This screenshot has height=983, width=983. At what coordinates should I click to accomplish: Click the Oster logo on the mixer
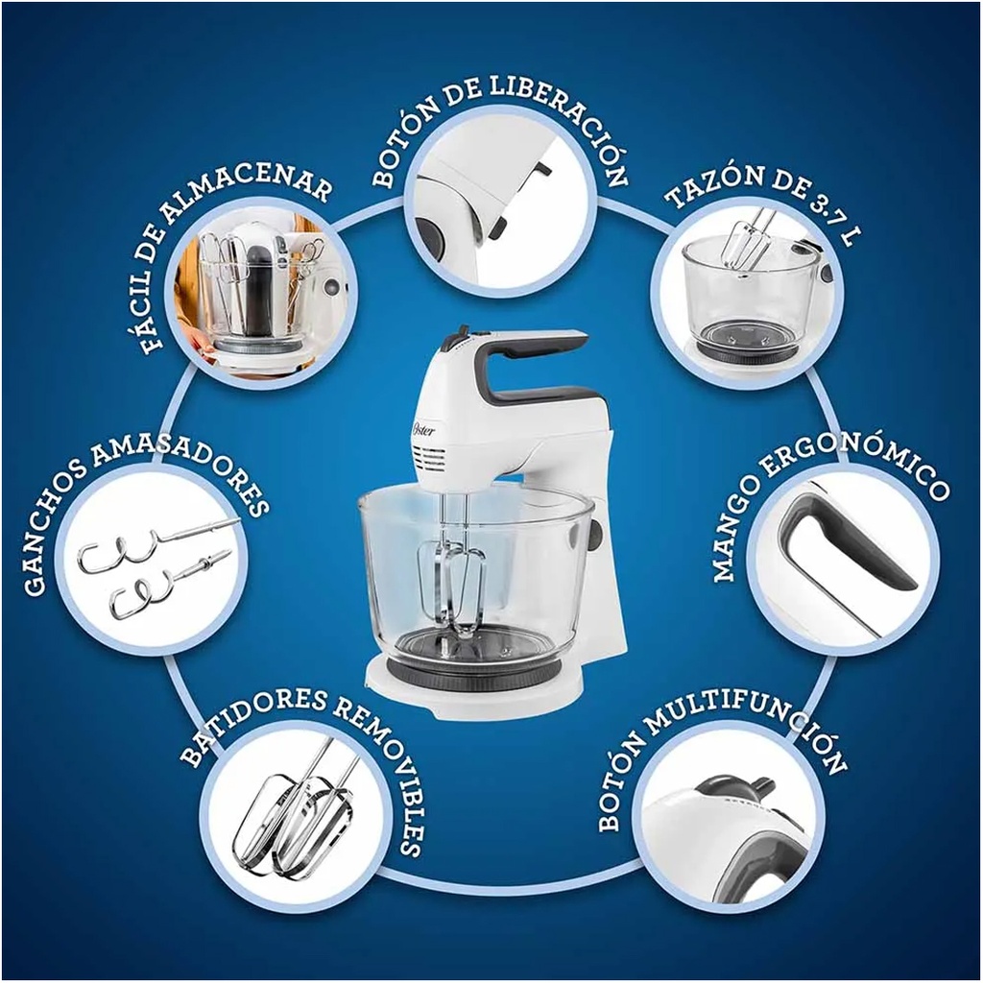click(423, 428)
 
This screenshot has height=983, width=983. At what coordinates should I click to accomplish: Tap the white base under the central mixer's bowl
click(476, 689)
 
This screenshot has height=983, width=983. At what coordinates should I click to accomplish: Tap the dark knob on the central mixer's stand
click(594, 531)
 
